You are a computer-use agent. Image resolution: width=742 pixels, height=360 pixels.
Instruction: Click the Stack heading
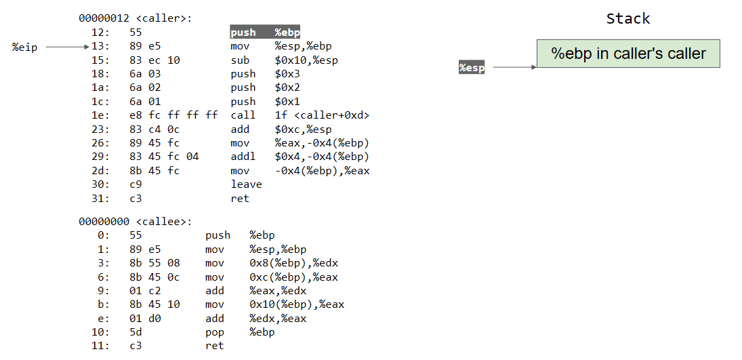click(x=627, y=18)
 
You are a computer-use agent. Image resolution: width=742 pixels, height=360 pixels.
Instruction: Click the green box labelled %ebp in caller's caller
click(x=628, y=54)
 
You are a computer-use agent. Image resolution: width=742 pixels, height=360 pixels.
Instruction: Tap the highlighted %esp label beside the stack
click(x=472, y=67)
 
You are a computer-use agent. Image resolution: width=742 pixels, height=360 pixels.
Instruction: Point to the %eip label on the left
click(x=25, y=47)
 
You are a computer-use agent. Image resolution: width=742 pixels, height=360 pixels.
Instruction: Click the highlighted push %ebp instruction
click(x=265, y=33)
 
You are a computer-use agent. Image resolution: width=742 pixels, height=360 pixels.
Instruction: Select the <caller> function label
click(x=163, y=18)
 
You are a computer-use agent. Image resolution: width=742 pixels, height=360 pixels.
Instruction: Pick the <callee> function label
click(x=163, y=221)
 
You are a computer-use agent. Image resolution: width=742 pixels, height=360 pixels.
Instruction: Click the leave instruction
click(x=246, y=184)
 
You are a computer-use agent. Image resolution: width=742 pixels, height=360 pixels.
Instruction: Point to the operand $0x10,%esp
click(x=306, y=60)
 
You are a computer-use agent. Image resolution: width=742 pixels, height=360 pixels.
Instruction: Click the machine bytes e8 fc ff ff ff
click(x=173, y=115)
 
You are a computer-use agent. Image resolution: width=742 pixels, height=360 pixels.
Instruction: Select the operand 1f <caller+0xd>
click(x=322, y=115)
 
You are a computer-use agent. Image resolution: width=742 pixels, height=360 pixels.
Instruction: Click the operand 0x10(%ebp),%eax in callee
click(x=297, y=304)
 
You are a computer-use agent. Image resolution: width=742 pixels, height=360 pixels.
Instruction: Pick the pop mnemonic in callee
click(x=214, y=332)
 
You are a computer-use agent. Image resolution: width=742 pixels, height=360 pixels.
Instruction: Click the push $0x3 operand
click(x=287, y=74)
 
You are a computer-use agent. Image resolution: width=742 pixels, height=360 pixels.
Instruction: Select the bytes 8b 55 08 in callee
click(x=154, y=263)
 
